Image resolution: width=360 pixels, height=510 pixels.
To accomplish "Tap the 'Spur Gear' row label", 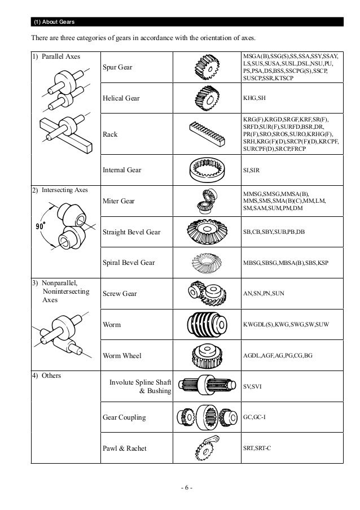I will (117, 67).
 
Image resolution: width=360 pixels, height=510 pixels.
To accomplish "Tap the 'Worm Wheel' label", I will (122, 356).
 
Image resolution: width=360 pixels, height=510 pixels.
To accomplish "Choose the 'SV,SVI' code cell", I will (249, 386).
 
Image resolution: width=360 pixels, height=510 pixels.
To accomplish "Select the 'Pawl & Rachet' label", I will (124, 448).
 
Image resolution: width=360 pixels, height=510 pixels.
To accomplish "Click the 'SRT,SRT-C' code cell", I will (257, 448).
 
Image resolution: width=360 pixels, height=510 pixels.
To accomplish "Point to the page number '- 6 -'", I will (180, 487).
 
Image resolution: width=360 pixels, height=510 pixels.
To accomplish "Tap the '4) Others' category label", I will (47, 375).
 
